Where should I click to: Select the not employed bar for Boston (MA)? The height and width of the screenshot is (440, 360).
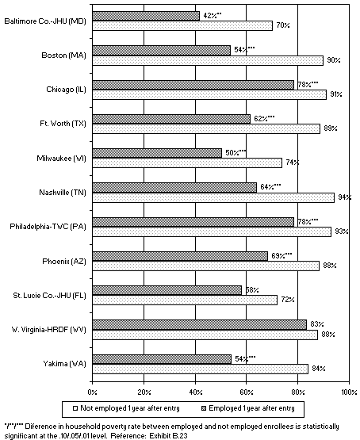click(x=207, y=60)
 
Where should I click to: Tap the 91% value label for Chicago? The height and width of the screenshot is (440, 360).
click(x=336, y=94)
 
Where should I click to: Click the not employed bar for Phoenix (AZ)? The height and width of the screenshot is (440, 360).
click(x=205, y=266)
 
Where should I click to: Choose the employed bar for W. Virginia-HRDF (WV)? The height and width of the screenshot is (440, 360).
click(x=199, y=323)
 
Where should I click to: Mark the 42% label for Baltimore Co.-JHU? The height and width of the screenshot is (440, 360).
click(x=212, y=15)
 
